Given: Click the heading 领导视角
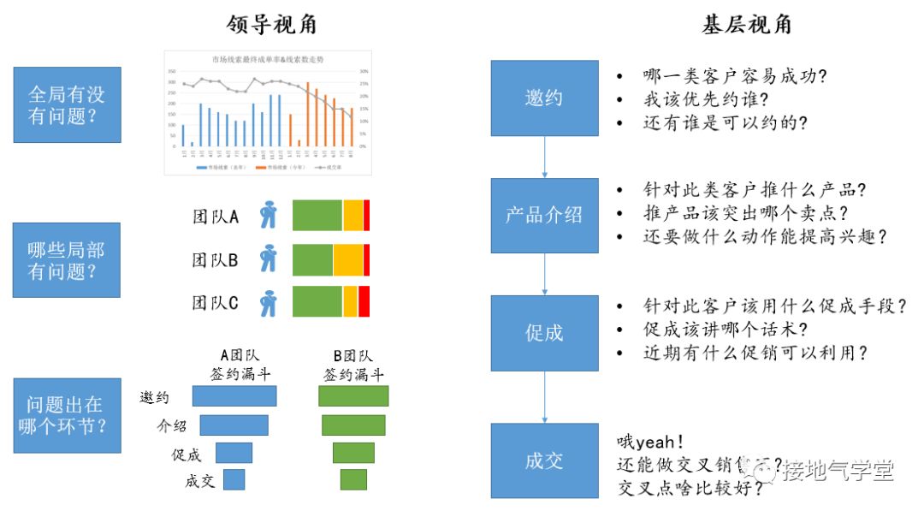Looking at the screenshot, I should [272, 25].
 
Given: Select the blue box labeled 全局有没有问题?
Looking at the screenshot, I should [67, 104].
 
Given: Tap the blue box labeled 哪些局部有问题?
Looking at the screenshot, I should [67, 260].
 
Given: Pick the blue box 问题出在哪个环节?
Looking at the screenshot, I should [67, 414].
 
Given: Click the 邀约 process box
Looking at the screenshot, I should [544, 98].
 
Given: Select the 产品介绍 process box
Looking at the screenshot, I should [544, 215].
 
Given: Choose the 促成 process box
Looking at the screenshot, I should [544, 332].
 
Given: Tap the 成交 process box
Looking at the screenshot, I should [544, 460].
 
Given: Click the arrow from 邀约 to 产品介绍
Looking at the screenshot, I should [544, 157].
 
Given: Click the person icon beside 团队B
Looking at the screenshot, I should [269, 258].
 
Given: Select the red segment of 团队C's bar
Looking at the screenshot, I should [364, 302].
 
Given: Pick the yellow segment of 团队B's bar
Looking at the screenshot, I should [348, 258].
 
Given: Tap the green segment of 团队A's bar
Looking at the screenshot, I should [317, 216].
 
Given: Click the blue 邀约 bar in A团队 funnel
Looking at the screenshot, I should [234, 395].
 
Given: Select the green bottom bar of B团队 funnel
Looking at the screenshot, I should [353, 479].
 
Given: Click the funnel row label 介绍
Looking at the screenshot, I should [170, 425].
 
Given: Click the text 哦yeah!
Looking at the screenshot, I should [650, 443].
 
